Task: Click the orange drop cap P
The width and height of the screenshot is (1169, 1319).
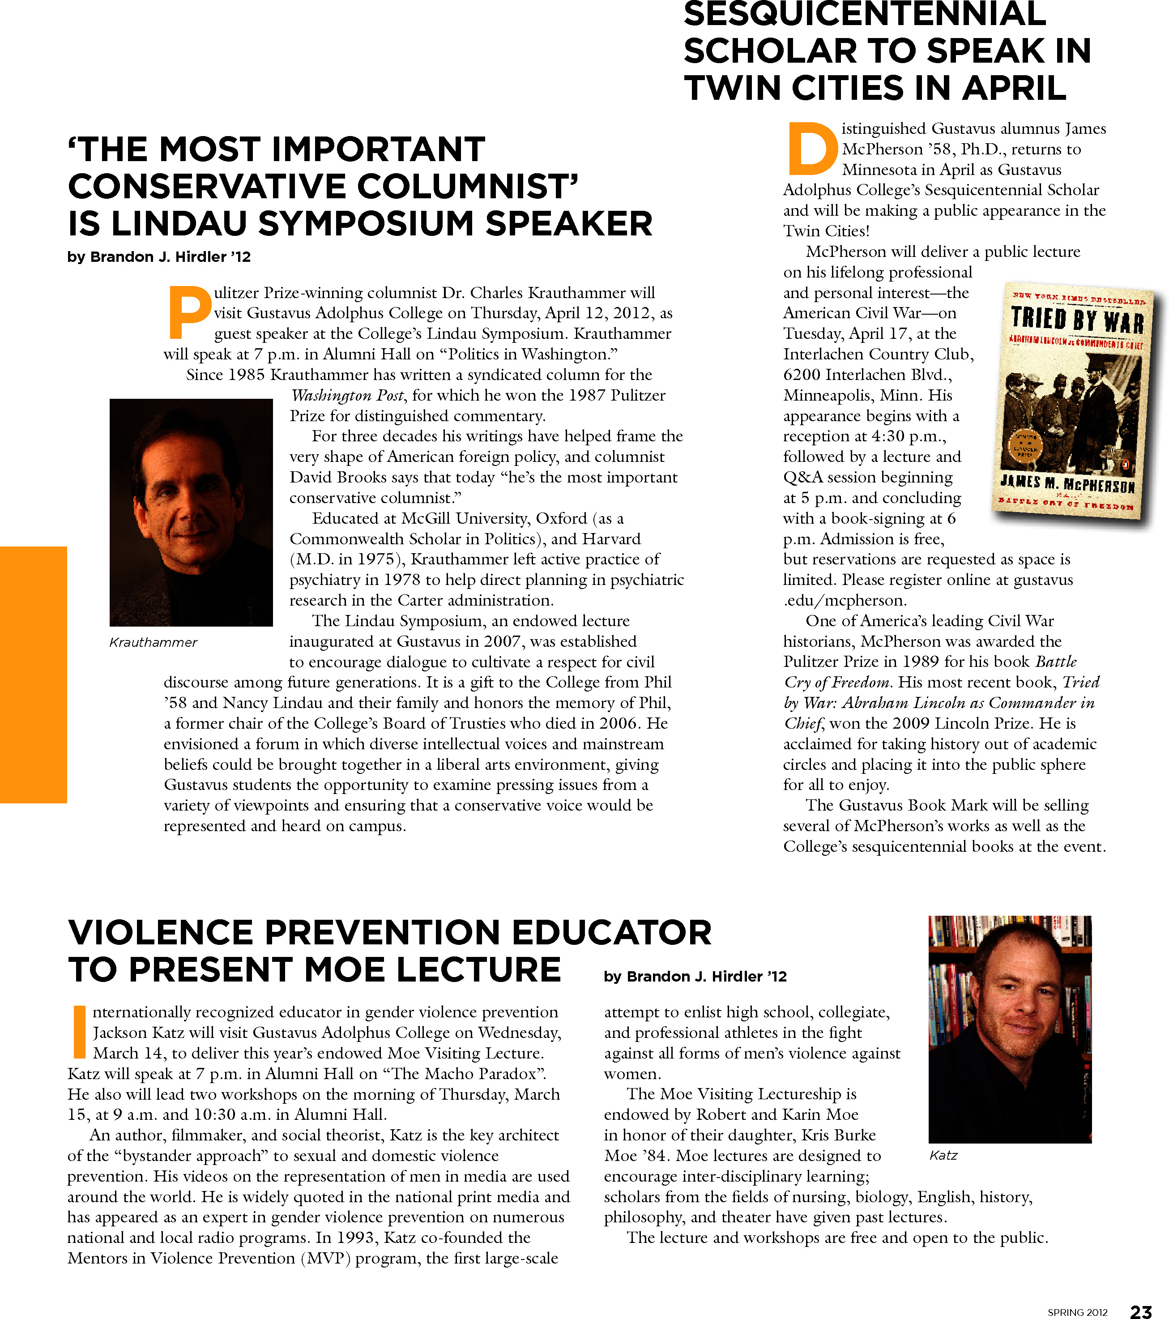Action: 188,313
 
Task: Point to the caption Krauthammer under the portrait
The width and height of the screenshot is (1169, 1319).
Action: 153,642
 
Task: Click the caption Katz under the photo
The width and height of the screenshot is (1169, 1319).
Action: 943,1155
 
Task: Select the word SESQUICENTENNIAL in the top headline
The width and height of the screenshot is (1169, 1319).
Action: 865,14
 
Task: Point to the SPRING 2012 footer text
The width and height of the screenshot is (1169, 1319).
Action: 1077,1312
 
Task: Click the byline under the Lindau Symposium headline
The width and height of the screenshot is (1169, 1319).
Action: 159,257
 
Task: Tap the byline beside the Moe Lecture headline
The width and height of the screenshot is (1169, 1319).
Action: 695,976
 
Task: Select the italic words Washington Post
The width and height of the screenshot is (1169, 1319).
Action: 348,396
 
